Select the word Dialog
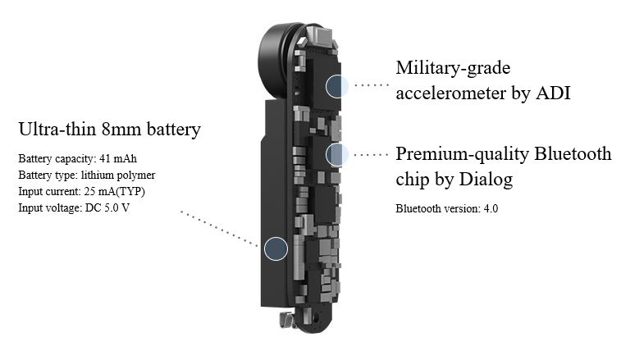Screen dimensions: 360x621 [483, 179]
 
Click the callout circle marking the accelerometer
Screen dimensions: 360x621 [336, 85]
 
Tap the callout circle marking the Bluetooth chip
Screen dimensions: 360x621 [336, 153]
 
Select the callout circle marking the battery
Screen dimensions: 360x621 [276, 248]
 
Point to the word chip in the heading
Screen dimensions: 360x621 [413, 179]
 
